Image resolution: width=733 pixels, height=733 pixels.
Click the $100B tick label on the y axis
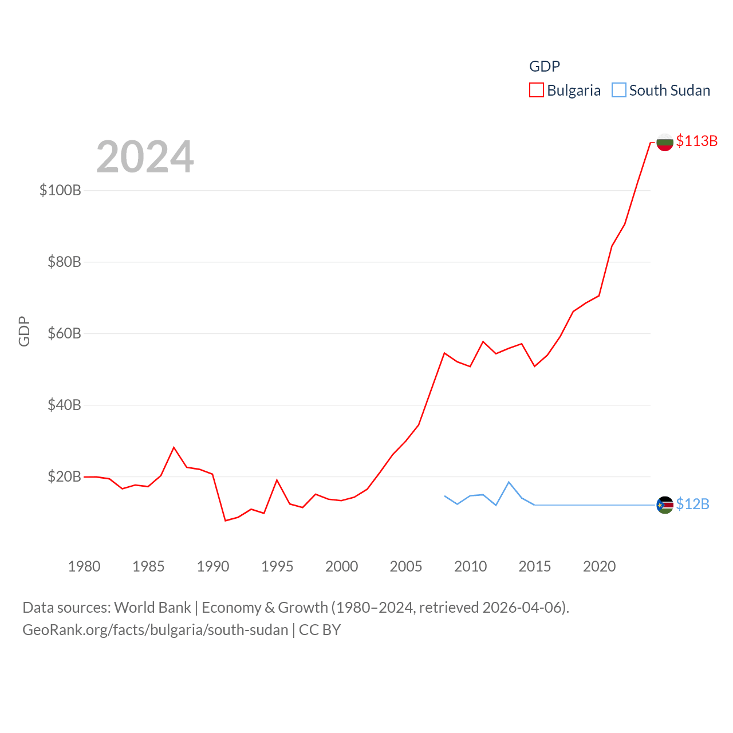tap(60, 190)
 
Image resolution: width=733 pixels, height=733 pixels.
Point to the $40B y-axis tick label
tap(64, 405)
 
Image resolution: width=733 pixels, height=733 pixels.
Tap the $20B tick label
tap(64, 476)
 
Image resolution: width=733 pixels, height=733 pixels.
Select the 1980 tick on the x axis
tap(84, 566)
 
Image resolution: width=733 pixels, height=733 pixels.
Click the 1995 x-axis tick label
tap(277, 566)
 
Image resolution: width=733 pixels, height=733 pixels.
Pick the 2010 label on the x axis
tap(470, 566)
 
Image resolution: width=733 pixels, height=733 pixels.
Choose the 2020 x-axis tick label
tap(599, 566)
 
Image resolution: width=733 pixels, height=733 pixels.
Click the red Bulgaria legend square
tap(536, 90)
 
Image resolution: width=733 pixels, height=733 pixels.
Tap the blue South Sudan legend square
tap(618, 90)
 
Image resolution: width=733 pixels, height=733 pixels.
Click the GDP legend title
tap(544, 66)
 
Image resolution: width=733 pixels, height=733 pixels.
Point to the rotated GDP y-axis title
tap(24, 331)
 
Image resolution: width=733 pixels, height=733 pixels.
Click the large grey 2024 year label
tap(145, 156)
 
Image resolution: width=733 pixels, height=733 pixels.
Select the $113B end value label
tap(696, 141)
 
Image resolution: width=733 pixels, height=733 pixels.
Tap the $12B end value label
tap(692, 504)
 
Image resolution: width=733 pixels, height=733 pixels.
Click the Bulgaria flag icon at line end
tap(664, 142)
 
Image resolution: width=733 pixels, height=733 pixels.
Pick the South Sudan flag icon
tap(664, 505)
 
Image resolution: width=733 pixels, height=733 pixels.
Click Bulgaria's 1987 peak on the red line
tap(174, 447)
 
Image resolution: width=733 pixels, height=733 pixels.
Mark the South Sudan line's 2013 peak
tap(509, 482)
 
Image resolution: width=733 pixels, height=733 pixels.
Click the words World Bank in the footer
tap(152, 607)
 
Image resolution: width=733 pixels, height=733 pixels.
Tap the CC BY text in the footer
tap(320, 630)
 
